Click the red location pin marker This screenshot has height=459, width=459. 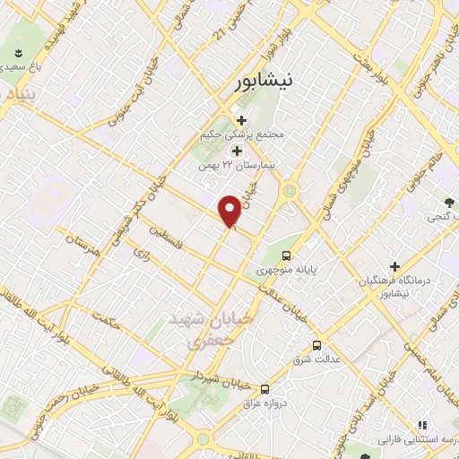(231, 210)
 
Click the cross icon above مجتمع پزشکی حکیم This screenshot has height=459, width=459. (241, 120)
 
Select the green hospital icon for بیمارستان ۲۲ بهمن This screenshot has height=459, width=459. (237, 152)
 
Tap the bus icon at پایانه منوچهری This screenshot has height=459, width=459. (286, 255)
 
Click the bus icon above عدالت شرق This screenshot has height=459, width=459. (316, 345)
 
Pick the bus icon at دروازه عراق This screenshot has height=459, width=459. (264, 389)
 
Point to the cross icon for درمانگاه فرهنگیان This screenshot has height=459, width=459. (394, 266)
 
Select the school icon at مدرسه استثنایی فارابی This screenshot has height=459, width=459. (420, 426)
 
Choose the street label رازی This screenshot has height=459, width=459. (141, 255)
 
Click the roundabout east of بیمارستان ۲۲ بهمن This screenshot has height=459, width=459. (290, 190)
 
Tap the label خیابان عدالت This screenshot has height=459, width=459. (284, 302)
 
